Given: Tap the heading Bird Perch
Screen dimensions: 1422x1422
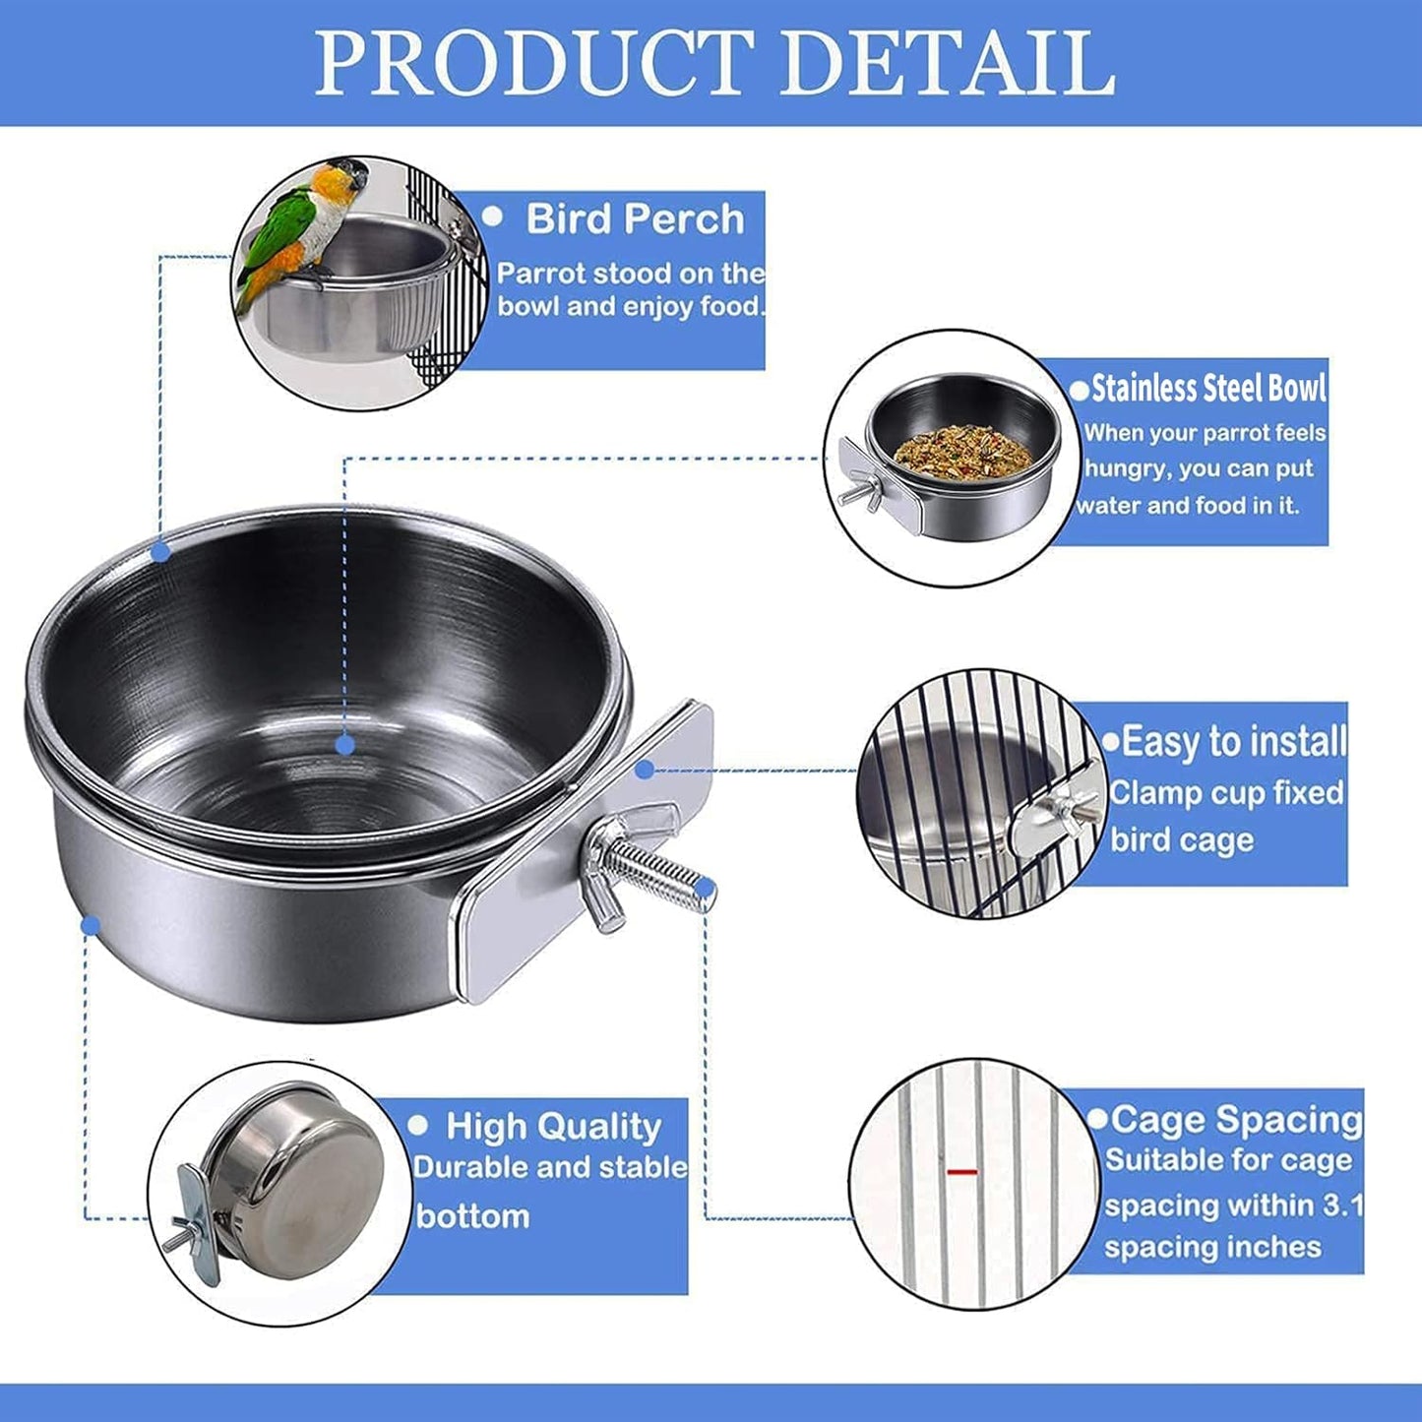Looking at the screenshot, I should (x=635, y=218).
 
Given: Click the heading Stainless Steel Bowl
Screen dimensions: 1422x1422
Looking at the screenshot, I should (x=1208, y=389).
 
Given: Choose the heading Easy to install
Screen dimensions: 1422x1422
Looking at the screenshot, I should (x=1233, y=741).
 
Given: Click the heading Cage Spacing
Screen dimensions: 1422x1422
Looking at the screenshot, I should (x=1236, y=1119).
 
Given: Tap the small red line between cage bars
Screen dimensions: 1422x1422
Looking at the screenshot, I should (x=961, y=1172).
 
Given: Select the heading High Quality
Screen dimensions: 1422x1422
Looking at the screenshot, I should (x=553, y=1126).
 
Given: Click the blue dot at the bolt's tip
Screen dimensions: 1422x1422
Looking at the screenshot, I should (x=705, y=890).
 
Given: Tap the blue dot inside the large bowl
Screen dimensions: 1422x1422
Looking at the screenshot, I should (x=344, y=745).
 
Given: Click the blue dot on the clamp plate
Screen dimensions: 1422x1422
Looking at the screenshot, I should (x=644, y=770).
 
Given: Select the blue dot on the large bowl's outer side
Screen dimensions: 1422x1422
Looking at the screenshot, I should (x=91, y=925).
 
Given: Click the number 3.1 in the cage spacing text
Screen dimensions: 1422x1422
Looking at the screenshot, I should (x=1342, y=1205).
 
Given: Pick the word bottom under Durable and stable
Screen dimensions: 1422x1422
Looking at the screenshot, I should (x=472, y=1216).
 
